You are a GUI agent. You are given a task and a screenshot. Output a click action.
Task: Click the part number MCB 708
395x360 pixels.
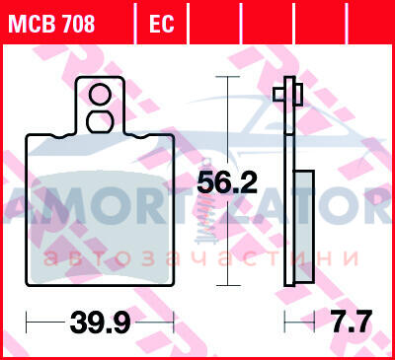(x=51, y=24)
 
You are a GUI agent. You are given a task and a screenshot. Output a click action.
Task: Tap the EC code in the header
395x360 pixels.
(x=161, y=24)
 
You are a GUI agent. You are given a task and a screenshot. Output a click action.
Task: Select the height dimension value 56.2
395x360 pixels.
(x=227, y=182)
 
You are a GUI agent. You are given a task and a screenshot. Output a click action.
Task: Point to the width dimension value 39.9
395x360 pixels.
(x=100, y=322)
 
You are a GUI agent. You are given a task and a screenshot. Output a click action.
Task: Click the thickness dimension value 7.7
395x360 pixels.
(x=352, y=322)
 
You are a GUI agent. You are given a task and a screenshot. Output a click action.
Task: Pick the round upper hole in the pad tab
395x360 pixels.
(x=100, y=95)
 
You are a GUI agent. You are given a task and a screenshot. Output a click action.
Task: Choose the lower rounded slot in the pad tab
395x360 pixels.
(x=100, y=121)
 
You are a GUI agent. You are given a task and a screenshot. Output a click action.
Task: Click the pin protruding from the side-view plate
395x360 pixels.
(x=287, y=95)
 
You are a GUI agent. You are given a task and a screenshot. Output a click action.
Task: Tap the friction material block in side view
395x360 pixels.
(x=304, y=227)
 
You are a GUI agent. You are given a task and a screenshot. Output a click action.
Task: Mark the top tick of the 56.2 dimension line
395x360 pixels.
(x=227, y=77)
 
